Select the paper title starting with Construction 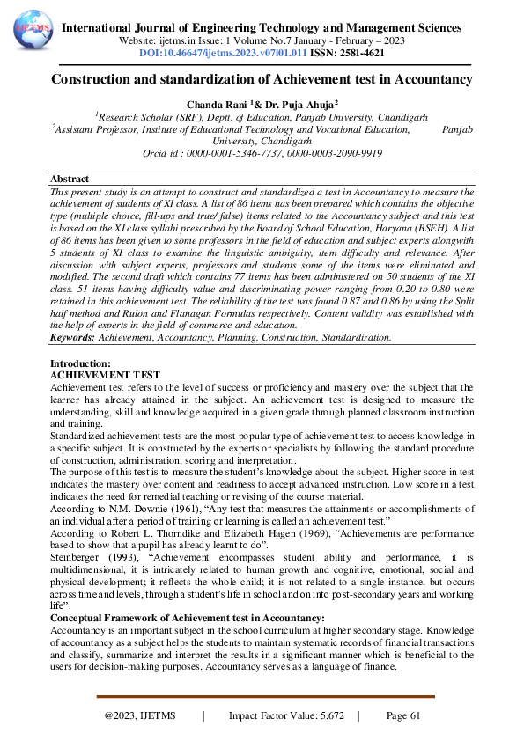pyautogui.click(x=262, y=80)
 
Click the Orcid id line pyautogui.click(x=262, y=152)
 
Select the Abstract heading pyautogui.click(x=70, y=179)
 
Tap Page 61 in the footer pyautogui.click(x=403, y=715)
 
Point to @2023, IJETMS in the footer pyautogui.click(x=137, y=715)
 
